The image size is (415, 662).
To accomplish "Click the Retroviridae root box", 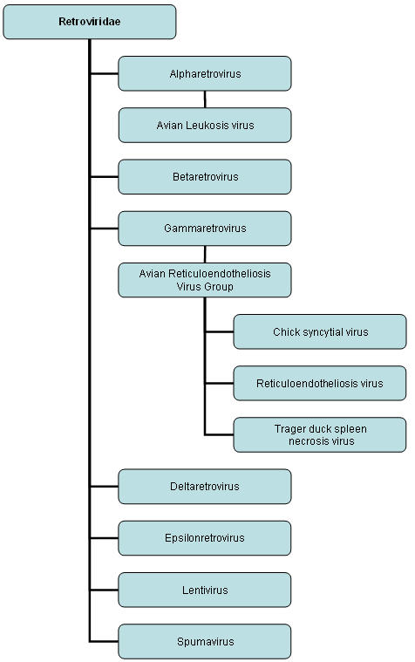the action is pyautogui.click(x=90, y=22).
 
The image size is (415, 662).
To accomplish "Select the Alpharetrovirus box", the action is pyautogui.click(x=205, y=73).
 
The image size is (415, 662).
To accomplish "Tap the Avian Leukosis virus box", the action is pyautogui.click(x=205, y=125).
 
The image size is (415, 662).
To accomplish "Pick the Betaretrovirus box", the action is pyautogui.click(x=205, y=177).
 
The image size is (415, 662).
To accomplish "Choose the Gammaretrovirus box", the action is pyautogui.click(x=205, y=229).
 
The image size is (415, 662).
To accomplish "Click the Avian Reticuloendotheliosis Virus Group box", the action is pyautogui.click(x=205, y=280).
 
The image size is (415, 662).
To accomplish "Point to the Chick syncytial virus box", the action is pyautogui.click(x=320, y=331).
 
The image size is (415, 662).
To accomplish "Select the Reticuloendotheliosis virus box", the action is pyautogui.click(x=320, y=384).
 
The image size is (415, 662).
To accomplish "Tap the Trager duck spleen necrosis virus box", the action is pyautogui.click(x=320, y=435).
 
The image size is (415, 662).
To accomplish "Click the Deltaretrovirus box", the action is pyautogui.click(x=205, y=487).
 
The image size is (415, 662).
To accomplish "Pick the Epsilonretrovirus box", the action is pyautogui.click(x=205, y=538).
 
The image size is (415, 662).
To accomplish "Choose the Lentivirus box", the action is pyautogui.click(x=205, y=590).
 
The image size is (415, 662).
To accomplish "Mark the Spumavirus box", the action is pyautogui.click(x=205, y=642).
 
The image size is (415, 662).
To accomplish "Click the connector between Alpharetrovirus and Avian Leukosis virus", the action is pyautogui.click(x=205, y=99).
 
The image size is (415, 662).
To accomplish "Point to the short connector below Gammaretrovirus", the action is pyautogui.click(x=205, y=254).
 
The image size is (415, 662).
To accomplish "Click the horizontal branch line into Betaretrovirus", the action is pyautogui.click(x=105, y=177).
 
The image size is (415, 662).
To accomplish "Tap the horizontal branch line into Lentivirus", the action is pyautogui.click(x=105, y=590).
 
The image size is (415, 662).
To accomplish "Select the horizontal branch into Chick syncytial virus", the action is pyautogui.click(x=220, y=331).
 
